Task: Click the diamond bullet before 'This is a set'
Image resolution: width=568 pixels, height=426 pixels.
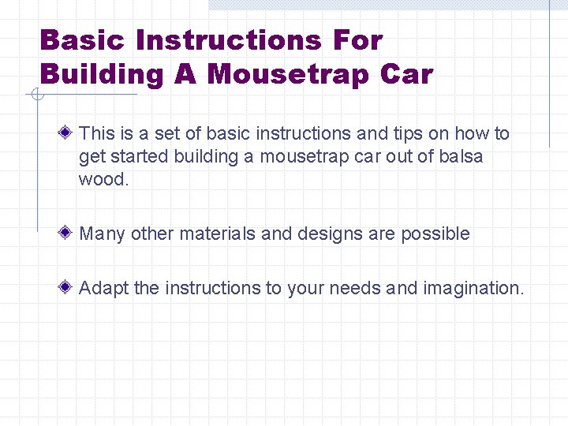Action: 70,133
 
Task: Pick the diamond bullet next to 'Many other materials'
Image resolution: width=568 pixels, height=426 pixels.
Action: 70,234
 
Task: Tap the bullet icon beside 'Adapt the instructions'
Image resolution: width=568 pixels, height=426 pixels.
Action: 70,288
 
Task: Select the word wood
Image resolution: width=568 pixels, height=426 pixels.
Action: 103,179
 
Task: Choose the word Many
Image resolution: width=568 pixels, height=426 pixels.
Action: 103,234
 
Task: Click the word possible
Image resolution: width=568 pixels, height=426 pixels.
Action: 435,234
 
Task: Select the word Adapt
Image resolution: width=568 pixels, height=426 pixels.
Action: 104,289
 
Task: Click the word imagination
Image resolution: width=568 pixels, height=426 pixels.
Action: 473,289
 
